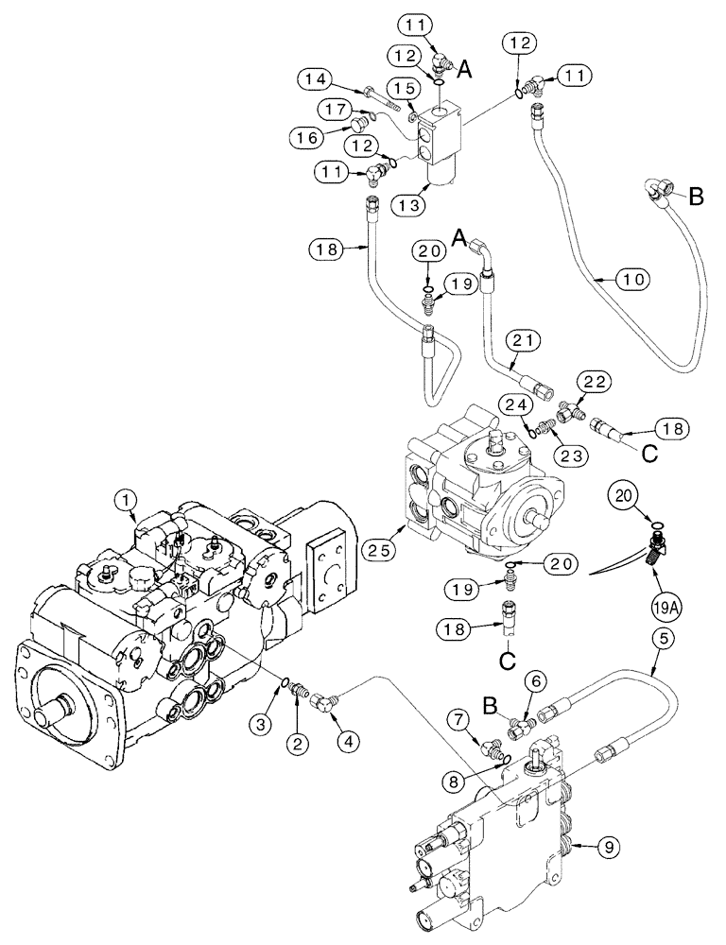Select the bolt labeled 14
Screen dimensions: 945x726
(383, 94)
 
